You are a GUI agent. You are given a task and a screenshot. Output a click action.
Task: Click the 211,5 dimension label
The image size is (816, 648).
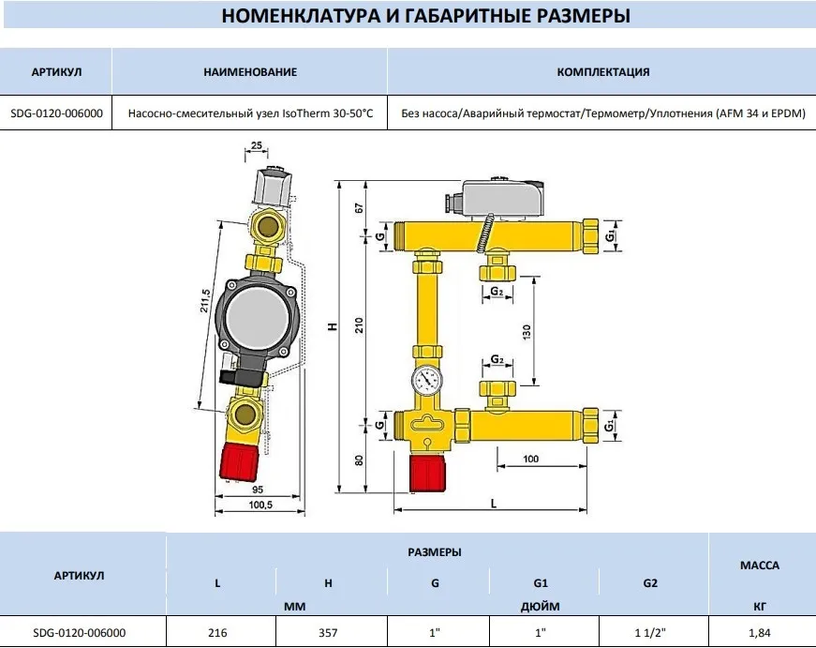tap(205, 301)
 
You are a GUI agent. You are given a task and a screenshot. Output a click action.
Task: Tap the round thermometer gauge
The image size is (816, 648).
tap(427, 381)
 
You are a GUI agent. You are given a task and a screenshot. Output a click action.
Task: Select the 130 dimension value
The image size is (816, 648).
tap(527, 332)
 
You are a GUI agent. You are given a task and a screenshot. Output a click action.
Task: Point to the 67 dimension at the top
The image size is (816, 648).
tap(359, 208)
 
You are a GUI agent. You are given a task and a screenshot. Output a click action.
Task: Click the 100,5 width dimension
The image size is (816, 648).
tap(260, 505)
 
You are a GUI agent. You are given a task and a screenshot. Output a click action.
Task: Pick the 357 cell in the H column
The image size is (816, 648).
tap(328, 633)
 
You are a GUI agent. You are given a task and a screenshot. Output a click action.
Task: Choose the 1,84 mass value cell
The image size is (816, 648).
tap(759, 633)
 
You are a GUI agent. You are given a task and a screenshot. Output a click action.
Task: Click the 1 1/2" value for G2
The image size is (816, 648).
tap(650, 633)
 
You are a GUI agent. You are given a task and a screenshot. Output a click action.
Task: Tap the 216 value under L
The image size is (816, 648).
tap(217, 633)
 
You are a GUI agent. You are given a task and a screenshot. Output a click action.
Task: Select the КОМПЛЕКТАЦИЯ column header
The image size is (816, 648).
tap(603, 72)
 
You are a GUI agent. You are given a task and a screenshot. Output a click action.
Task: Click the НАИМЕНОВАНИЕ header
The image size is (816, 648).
tap(250, 72)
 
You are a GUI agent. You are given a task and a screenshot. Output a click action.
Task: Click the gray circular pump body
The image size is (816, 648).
tap(256, 318)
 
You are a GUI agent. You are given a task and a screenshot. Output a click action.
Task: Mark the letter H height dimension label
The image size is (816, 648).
tap(334, 326)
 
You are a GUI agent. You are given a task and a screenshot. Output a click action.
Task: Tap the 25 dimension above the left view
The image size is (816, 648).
tap(257, 145)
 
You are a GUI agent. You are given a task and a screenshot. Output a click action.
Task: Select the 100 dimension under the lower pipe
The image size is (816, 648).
tap(531, 459)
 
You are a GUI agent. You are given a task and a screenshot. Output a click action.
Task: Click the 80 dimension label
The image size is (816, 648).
tap(359, 460)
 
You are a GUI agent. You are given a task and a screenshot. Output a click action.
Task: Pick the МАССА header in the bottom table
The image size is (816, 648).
tap(760, 565)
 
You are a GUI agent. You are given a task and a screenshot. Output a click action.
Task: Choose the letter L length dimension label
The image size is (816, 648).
tap(494, 504)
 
